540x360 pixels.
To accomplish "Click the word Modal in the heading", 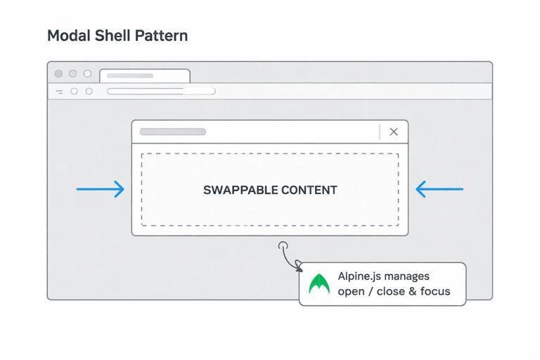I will (67, 35).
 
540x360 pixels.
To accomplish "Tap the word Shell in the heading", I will (110, 35).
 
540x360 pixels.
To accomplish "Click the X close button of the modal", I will (394, 131).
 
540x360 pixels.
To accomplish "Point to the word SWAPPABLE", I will (240, 190).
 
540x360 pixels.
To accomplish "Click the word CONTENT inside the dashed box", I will (309, 190).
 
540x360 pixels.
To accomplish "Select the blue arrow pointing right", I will (101, 189).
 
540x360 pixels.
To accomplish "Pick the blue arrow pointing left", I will (439, 189).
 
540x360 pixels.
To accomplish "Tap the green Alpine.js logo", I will (319, 284).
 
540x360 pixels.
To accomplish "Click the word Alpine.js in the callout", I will (359, 276).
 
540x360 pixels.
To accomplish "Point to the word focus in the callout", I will (435, 291).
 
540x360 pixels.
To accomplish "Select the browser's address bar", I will (161, 91).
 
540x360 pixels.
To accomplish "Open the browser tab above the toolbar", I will (145, 75).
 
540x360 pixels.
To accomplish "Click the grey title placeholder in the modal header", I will (173, 131).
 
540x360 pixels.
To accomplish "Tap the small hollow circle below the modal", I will (283, 246).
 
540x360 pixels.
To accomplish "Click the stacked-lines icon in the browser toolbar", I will (59, 91).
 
